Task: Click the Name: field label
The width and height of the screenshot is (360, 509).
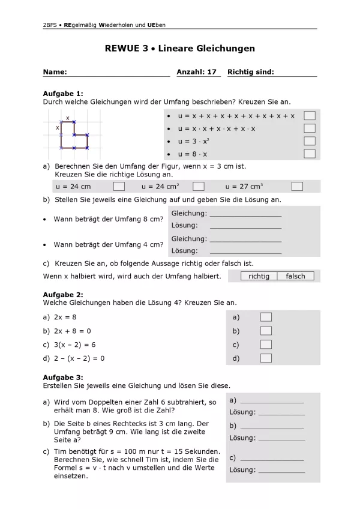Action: [55, 72]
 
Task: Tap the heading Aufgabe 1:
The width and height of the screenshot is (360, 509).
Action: [63, 94]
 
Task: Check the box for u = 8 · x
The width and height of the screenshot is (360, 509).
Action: [309, 154]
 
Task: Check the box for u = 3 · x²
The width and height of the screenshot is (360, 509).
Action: [309, 141]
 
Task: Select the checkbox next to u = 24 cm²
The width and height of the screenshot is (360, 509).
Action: [199, 187]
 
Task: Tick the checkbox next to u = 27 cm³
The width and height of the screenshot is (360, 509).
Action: [297, 187]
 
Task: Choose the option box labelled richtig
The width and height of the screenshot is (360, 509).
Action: [259, 276]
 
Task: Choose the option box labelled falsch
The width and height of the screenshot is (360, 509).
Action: [295, 276]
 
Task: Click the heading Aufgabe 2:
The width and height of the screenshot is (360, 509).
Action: [63, 295]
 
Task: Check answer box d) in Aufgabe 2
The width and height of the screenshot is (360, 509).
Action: [266, 358]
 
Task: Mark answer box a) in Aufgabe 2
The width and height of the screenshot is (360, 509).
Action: [266, 317]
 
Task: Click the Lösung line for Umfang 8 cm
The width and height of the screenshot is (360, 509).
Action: [245, 226]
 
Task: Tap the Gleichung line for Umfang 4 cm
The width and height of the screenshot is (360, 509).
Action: [245, 239]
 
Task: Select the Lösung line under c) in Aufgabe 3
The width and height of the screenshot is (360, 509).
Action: [281, 470]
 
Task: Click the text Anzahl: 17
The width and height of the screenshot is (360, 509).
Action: [196, 72]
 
